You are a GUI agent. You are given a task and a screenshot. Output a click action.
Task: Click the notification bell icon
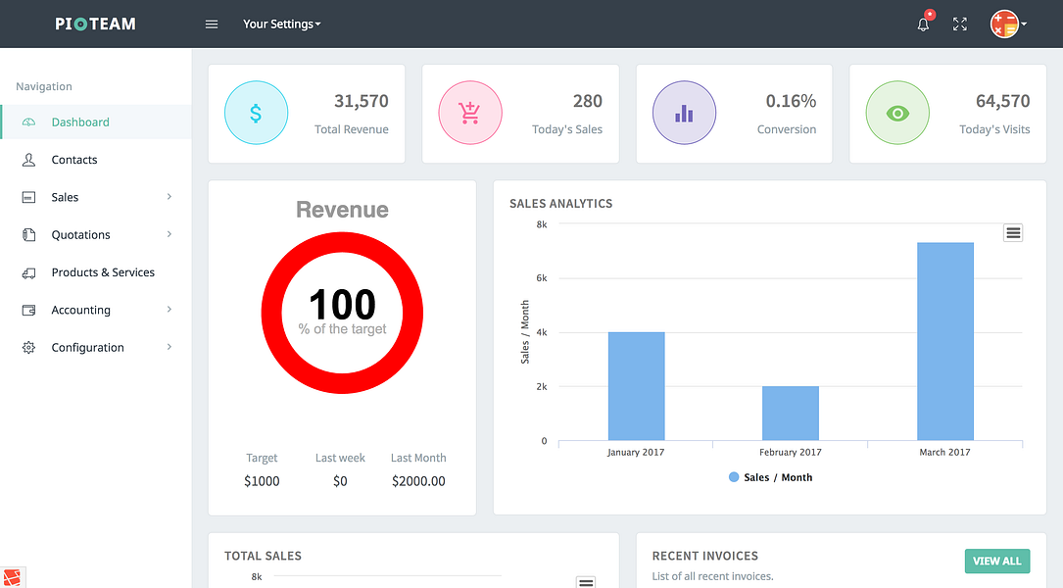(923, 24)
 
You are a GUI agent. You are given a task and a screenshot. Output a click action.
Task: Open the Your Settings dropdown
(282, 24)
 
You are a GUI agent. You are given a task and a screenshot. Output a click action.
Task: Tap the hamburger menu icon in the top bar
(212, 24)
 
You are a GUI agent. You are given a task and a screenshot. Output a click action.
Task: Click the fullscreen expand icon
(960, 24)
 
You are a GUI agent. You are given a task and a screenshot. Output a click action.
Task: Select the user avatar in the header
(1005, 24)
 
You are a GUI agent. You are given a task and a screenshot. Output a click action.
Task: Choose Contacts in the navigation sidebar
(74, 160)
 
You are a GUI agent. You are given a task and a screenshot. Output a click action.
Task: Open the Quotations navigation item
(80, 235)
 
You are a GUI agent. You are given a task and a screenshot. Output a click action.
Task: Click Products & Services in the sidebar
(103, 272)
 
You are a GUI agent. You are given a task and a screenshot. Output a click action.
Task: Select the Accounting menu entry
(80, 311)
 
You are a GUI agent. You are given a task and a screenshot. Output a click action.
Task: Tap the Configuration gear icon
(28, 348)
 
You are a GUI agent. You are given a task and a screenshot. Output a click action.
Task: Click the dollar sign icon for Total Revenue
(256, 114)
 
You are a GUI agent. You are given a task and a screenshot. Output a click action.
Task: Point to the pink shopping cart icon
(469, 114)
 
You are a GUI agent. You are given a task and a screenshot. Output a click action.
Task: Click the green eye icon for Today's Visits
(897, 114)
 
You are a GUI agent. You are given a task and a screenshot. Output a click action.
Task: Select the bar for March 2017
(944, 341)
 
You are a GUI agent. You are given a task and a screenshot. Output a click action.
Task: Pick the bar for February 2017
(790, 413)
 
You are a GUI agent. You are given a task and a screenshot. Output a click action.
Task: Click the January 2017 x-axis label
(637, 453)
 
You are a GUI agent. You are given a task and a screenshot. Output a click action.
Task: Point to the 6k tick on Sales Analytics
(542, 278)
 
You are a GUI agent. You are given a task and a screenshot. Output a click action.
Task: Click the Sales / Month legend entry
(771, 477)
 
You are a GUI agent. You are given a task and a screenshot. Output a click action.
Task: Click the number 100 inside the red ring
(342, 305)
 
